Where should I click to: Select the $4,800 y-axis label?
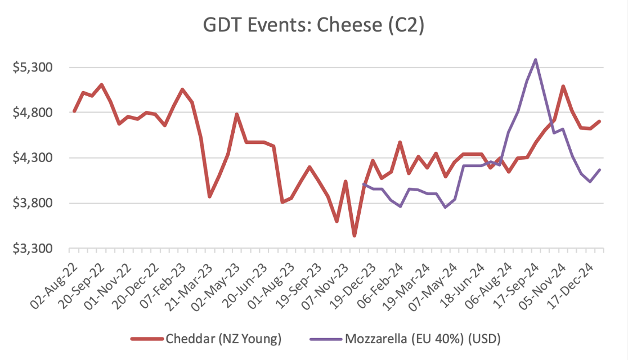click(x=32, y=112)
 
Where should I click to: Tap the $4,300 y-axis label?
click(x=32, y=158)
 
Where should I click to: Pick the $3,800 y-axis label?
click(x=32, y=203)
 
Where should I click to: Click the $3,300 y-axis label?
click(x=32, y=249)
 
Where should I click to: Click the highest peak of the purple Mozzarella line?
click(x=535, y=60)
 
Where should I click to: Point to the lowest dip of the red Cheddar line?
click(x=354, y=236)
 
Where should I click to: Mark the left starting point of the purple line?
click(x=364, y=184)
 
